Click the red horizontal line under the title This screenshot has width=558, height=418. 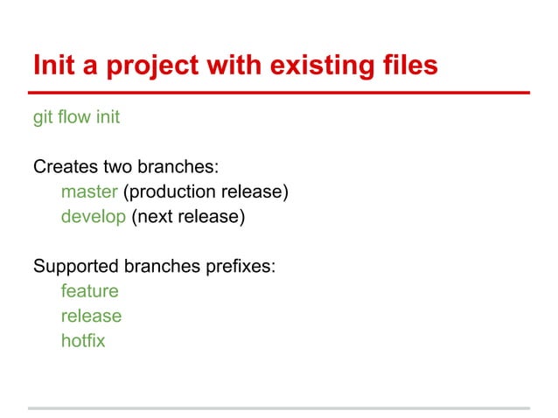(279, 92)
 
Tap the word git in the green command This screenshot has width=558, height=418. (43, 117)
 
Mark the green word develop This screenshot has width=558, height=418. (94, 216)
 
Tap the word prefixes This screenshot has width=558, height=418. (241, 266)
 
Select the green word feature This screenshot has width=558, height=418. (89, 290)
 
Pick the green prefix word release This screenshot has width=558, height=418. (91, 316)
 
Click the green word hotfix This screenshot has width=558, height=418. (83, 340)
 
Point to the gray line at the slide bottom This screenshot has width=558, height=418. (279, 408)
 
